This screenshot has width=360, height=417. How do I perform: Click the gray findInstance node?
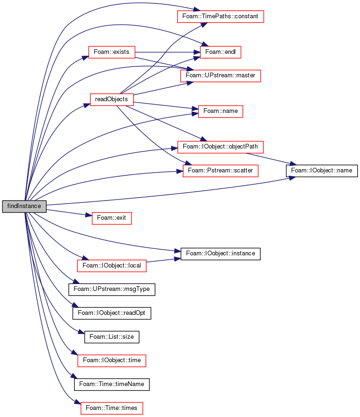pos(24,206)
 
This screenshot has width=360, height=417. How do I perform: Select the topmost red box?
pos(220,16)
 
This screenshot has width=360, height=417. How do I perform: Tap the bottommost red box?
pos(112,408)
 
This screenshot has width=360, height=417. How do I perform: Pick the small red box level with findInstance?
pos(112,218)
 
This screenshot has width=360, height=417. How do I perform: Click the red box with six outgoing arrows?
pos(112,100)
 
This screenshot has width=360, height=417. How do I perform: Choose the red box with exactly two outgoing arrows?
pos(112,52)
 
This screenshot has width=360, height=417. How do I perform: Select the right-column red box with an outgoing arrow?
pos(220,147)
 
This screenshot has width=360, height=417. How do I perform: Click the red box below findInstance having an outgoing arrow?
pos(112,266)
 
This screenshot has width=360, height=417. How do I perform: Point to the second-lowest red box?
pos(112,361)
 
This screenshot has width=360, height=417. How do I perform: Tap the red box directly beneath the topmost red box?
pos(220,52)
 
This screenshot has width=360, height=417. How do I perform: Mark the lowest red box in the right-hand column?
pos(220,171)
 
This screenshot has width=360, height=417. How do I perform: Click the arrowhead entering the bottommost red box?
pos(78,402)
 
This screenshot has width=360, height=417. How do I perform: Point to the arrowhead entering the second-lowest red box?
pos(74,352)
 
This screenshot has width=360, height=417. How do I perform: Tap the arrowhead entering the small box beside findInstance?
pos(89,216)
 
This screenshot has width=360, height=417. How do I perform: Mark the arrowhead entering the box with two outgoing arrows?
pos(85,58)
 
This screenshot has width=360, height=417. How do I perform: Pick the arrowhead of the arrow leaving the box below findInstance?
pos(178,258)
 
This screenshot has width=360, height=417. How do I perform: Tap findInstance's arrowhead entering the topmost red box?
pos(197,10)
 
